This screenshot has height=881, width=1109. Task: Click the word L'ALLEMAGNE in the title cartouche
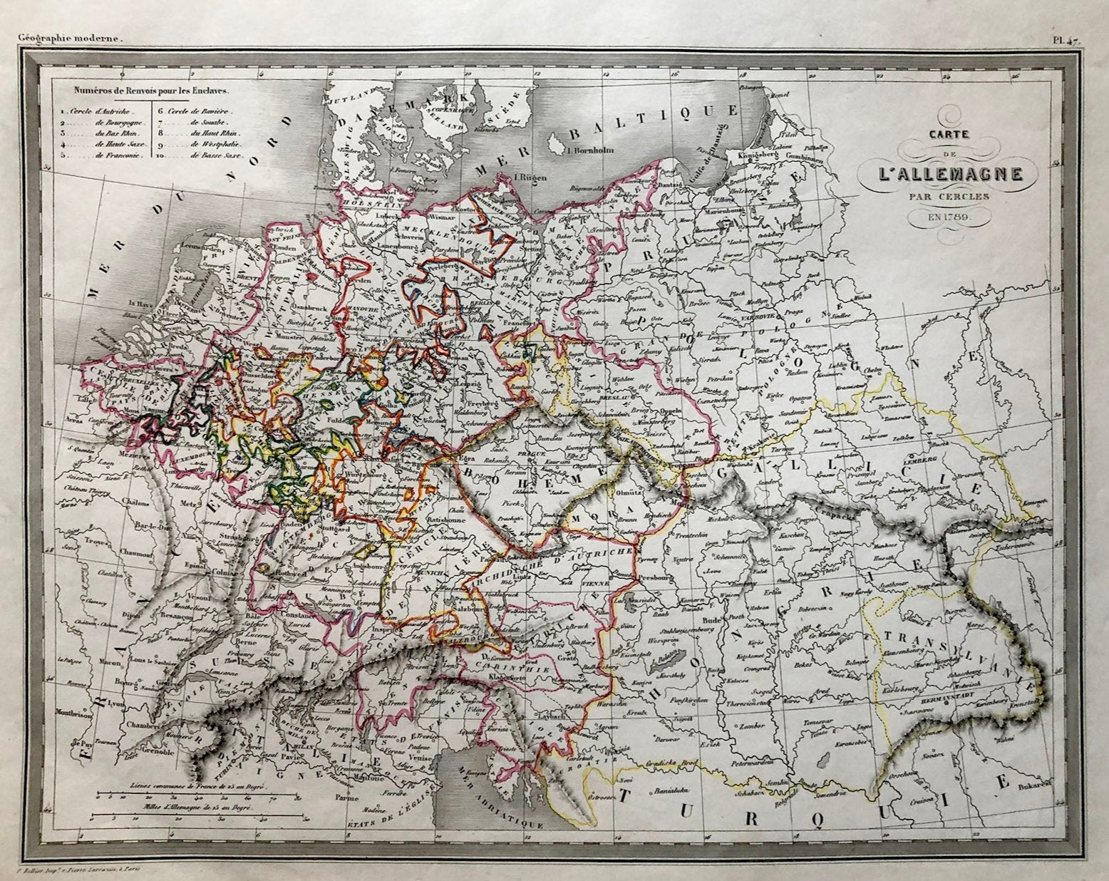(x=942, y=173)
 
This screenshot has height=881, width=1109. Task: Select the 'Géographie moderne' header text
(x=71, y=41)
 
